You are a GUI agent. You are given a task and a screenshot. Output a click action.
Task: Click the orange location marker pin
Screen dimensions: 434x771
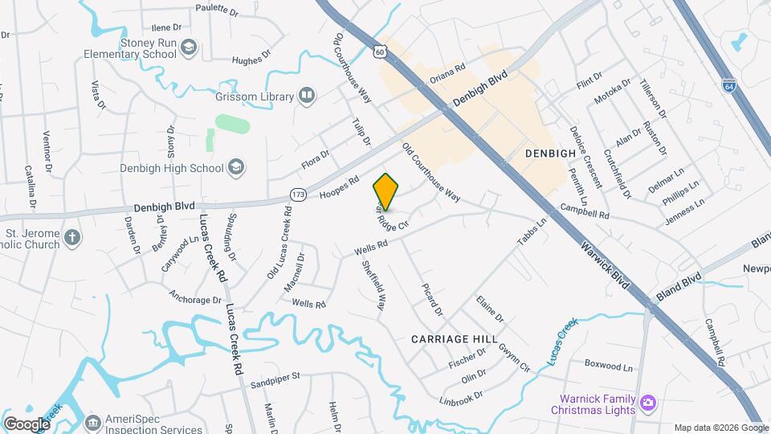(385, 191)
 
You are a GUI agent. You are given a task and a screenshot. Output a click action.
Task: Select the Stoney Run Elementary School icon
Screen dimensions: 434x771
(189, 47)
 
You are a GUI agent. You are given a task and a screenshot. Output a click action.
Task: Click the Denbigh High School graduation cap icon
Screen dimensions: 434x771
(236, 167)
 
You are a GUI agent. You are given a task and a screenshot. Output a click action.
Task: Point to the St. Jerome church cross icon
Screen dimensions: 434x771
(72, 238)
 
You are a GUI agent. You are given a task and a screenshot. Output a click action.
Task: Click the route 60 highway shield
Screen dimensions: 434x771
(381, 51)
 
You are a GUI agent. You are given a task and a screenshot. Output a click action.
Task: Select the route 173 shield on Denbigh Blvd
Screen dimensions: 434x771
(298, 194)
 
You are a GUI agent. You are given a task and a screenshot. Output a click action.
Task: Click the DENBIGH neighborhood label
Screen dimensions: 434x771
(551, 153)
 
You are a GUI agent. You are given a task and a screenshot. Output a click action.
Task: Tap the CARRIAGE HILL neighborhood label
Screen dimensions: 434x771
(454, 339)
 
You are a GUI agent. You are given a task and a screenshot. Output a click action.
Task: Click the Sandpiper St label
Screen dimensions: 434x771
(274, 375)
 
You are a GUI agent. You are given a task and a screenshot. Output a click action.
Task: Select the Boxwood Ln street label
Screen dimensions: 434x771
(609, 366)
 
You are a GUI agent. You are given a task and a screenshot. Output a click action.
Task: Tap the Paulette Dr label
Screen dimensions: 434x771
(217, 12)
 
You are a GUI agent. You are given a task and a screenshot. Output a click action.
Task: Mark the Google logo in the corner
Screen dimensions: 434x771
(27, 424)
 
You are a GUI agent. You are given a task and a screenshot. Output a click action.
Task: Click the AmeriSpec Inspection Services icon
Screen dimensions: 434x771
(93, 421)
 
